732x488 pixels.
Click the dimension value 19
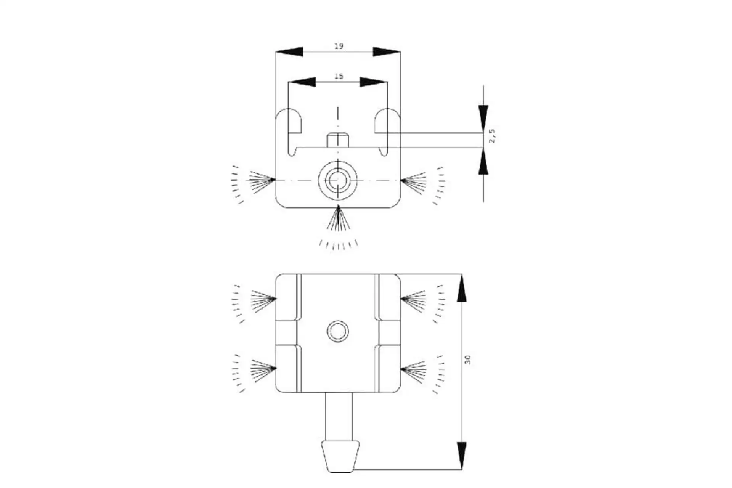click(x=339, y=46)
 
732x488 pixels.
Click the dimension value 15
click(x=339, y=76)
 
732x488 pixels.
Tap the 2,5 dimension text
click(x=492, y=136)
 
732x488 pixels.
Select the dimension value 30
click(x=468, y=360)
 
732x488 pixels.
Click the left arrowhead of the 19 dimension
click(x=289, y=51)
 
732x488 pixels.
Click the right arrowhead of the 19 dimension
click(x=387, y=51)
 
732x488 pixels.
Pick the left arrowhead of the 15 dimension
click(x=302, y=82)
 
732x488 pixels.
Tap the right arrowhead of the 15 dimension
click(x=374, y=82)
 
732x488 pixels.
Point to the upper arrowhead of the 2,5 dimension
click(x=483, y=119)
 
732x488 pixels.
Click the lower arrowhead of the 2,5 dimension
click(x=483, y=161)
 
